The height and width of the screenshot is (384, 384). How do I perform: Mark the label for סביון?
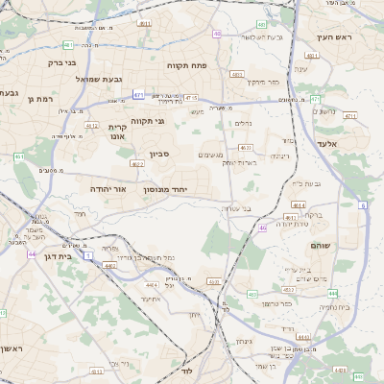(x=158, y=154)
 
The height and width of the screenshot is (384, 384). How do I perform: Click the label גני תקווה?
(x=146, y=121)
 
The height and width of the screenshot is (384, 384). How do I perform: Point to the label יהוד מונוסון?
(x=177, y=191)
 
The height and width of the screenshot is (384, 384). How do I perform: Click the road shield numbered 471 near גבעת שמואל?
(x=138, y=95)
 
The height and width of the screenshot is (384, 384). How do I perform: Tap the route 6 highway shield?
(x=364, y=205)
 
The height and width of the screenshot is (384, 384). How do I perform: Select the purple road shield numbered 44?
(x=33, y=254)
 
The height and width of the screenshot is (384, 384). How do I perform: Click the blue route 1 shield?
(x=89, y=255)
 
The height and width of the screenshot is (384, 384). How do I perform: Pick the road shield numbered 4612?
(x=92, y=126)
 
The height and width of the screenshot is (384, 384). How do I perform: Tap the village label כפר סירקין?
(x=261, y=83)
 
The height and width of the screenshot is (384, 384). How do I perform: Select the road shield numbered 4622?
(x=247, y=147)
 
